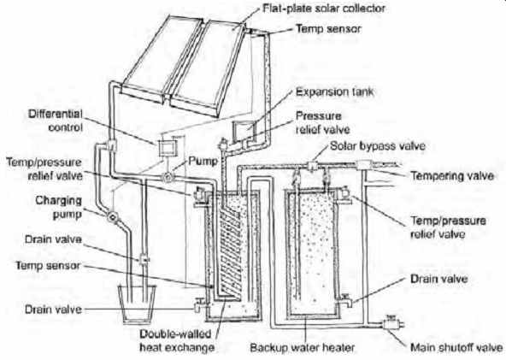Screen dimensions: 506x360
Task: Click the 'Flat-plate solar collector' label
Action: click(x=324, y=8)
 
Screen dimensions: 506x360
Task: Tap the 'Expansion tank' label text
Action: click(x=335, y=91)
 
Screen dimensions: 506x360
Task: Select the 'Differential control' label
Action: click(x=56, y=121)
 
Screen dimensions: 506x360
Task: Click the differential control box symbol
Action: click(x=168, y=148)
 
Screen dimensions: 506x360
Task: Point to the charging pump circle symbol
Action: click(x=112, y=216)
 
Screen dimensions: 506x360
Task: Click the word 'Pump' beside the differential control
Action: click(x=203, y=161)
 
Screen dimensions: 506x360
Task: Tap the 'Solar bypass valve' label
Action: click(x=378, y=146)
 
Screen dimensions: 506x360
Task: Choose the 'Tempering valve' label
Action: click(x=452, y=176)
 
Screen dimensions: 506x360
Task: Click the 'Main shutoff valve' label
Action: click(x=456, y=348)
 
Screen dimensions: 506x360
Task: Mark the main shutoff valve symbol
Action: click(x=391, y=323)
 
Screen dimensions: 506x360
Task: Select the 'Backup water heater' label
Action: click(x=302, y=348)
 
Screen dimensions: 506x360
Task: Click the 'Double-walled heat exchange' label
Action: click(x=177, y=340)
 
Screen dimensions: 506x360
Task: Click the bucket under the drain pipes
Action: click(x=137, y=304)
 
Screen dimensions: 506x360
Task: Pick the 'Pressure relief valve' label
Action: click(x=323, y=122)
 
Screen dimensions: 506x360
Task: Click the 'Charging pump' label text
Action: click(x=58, y=207)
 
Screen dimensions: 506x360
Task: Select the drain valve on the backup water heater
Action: click(x=346, y=300)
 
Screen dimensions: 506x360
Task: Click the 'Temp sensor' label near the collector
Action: click(x=328, y=29)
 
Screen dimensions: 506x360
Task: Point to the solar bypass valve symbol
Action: click(x=312, y=166)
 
